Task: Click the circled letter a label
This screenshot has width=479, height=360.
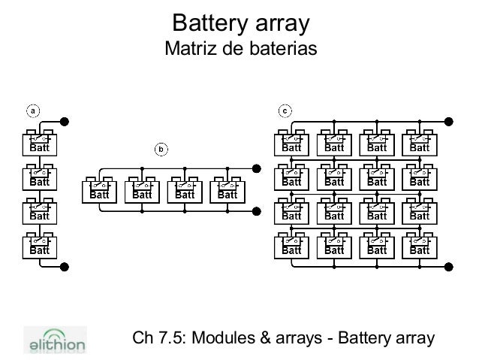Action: point(32,111)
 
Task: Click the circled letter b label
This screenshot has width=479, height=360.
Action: point(160,148)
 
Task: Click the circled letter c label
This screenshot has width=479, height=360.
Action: point(285,111)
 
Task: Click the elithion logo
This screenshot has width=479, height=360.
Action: point(56,339)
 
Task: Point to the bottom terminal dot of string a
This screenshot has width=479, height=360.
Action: point(65,265)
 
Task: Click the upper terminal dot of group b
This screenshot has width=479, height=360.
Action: point(256,168)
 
